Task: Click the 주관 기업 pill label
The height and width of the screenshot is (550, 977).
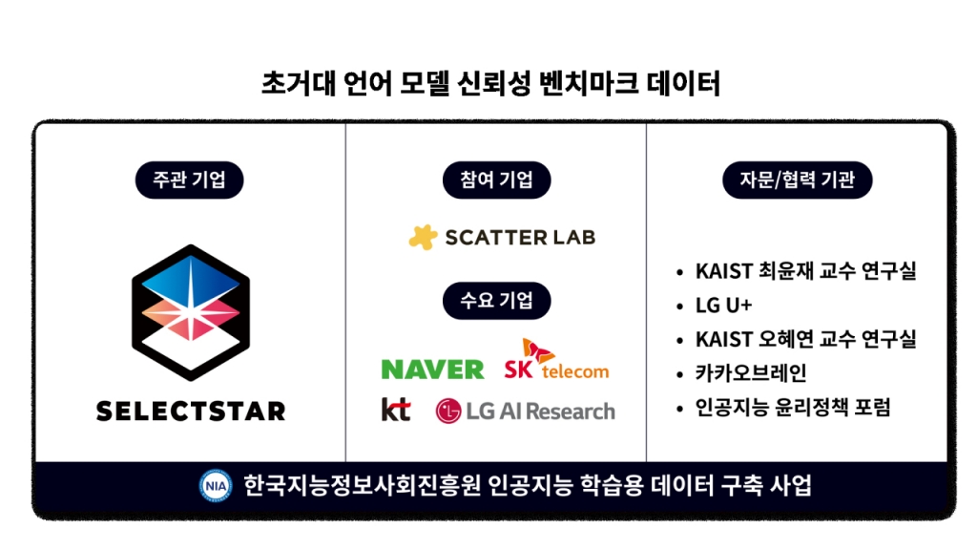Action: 190,180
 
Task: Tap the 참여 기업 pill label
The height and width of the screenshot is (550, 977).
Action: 496,180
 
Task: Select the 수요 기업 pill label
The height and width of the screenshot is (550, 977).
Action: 496,301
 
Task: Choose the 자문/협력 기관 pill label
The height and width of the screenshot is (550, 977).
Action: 797,180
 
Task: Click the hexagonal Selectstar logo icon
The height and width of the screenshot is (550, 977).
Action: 191,312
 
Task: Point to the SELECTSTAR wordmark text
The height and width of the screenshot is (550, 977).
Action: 191,412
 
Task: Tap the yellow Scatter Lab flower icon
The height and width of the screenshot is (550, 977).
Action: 423,237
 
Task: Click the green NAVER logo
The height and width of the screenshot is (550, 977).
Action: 432,370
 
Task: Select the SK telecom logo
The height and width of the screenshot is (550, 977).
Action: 556,359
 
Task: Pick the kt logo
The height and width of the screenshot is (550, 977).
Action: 396,409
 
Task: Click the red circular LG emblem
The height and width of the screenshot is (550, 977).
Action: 448,412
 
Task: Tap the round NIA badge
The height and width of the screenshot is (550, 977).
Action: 216,486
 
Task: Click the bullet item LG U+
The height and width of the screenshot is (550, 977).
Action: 723,306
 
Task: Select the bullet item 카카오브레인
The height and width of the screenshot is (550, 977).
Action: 751,373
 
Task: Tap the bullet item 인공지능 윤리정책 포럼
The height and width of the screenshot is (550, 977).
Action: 793,407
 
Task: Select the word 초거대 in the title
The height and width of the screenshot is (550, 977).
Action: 299,84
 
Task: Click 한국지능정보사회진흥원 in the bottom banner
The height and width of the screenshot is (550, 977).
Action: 362,486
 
